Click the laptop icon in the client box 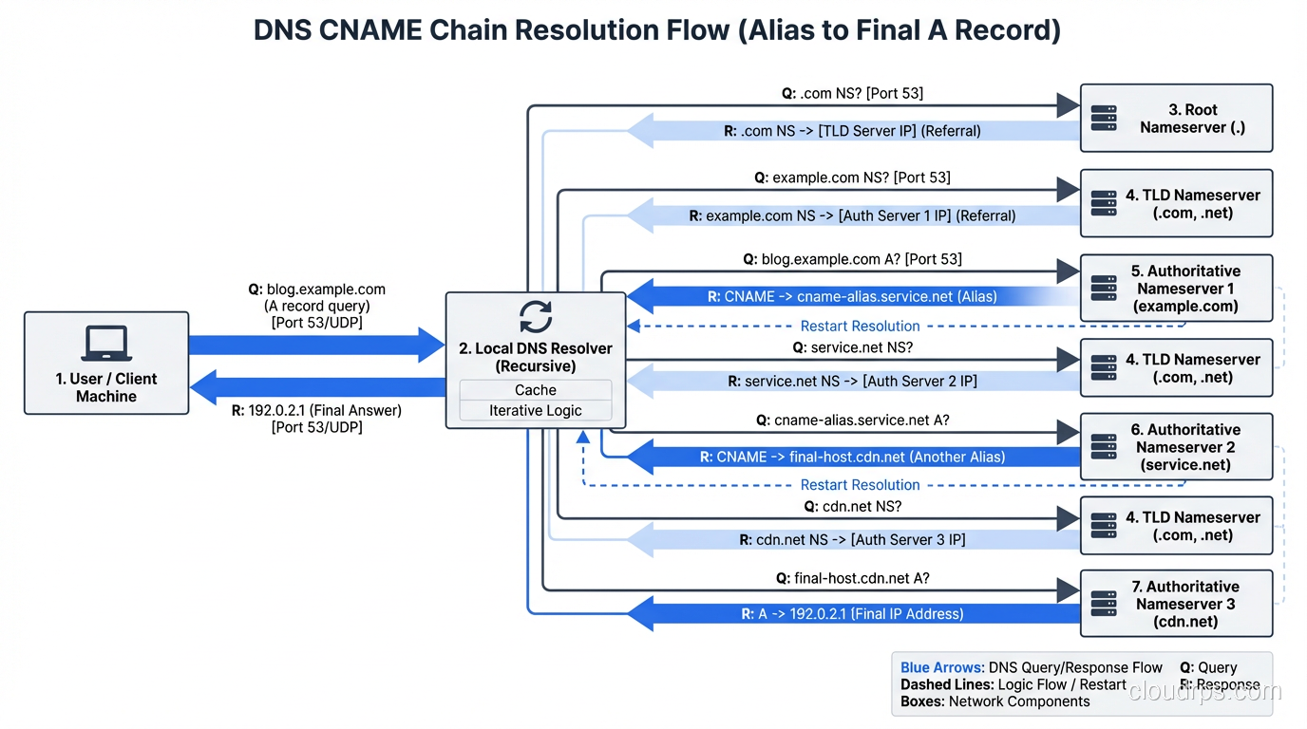pyautogui.click(x=106, y=344)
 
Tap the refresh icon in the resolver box pyautogui.click(x=536, y=316)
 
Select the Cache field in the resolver pyautogui.click(x=536, y=390)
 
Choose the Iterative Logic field pyautogui.click(x=536, y=411)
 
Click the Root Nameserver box pyautogui.click(x=1176, y=119)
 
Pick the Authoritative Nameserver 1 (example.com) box pyautogui.click(x=1176, y=289)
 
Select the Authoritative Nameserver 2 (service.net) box pyautogui.click(x=1176, y=447)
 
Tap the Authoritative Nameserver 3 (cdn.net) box pyautogui.click(x=1176, y=604)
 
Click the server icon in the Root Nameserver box pyautogui.click(x=1104, y=119)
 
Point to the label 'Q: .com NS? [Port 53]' pyautogui.click(x=851, y=93)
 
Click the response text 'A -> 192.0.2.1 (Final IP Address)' pyautogui.click(x=852, y=614)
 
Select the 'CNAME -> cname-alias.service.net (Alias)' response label pyautogui.click(x=852, y=296)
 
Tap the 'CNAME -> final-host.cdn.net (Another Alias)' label pyautogui.click(x=852, y=457)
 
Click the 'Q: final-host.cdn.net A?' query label pyautogui.click(x=852, y=578)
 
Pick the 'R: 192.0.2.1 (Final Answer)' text pyautogui.click(x=316, y=411)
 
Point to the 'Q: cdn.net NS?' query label pyautogui.click(x=852, y=506)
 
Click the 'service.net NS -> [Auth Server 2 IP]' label pyautogui.click(x=852, y=382)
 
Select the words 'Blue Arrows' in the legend pyautogui.click(x=941, y=668)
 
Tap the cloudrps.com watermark pyautogui.click(x=1204, y=691)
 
